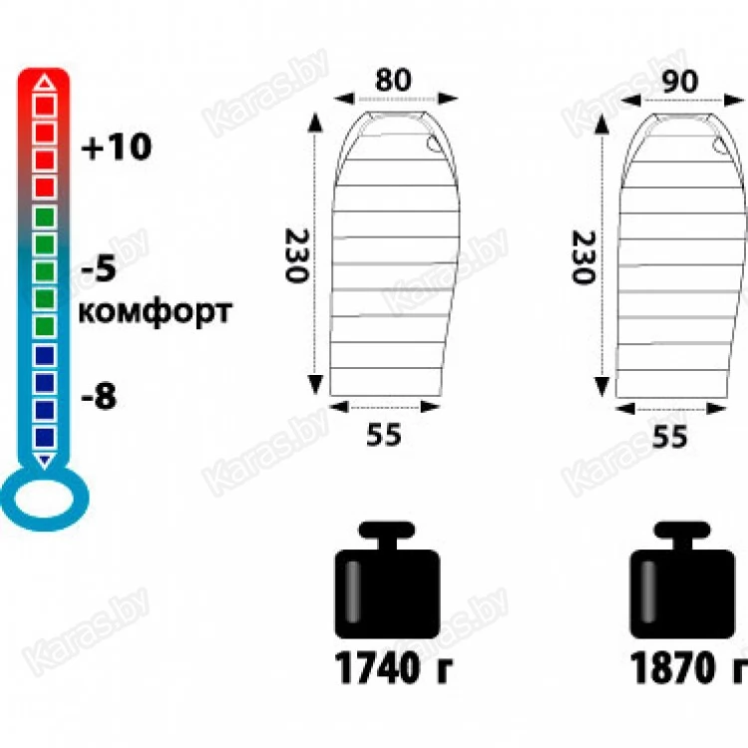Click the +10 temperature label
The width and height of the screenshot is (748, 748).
coord(117,147)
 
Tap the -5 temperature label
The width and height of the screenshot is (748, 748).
coord(99,267)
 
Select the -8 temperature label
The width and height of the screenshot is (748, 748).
coord(99,396)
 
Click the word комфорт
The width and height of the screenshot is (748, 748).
coord(155,312)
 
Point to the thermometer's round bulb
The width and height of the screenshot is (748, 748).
coord(44,499)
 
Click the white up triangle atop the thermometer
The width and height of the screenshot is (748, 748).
coord(45,82)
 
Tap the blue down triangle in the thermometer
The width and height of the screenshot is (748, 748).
coord(45,461)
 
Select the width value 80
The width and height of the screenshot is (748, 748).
coord(393,80)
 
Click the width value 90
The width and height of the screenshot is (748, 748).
coord(680,82)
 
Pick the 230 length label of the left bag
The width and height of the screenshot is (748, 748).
coord(297,255)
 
